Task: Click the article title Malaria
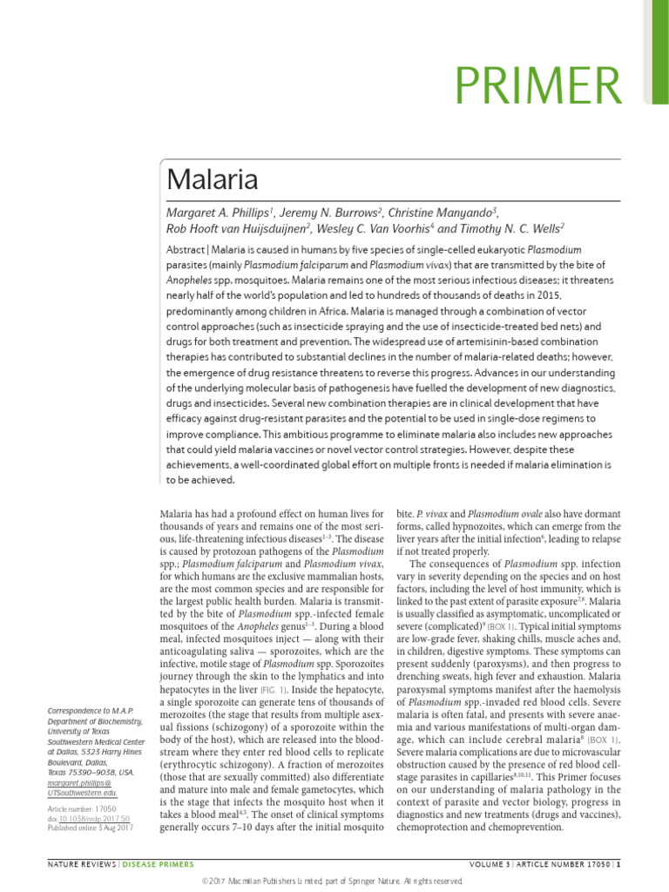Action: pos(213,180)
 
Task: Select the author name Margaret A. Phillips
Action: pos(220,214)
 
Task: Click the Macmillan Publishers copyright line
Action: pos(334,882)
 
